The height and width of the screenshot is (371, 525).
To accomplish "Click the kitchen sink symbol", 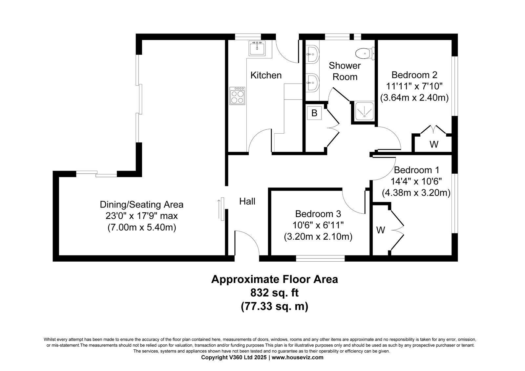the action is pyautogui.click(x=257, y=48).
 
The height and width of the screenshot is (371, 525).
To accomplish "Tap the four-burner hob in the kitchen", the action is pyautogui.click(x=238, y=96).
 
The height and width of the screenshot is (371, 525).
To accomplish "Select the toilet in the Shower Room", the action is pyautogui.click(x=365, y=54).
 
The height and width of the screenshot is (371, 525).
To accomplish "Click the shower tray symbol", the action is pyautogui.click(x=365, y=111).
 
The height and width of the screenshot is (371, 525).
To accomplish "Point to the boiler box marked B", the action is pyautogui.click(x=314, y=113).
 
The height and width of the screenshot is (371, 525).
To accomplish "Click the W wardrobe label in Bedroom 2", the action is pyautogui.click(x=434, y=144).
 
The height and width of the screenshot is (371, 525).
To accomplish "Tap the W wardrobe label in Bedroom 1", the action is pyautogui.click(x=381, y=230).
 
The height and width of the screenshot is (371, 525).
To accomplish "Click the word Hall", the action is pyautogui.click(x=247, y=201).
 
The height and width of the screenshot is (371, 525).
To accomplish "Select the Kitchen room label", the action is pyautogui.click(x=266, y=75).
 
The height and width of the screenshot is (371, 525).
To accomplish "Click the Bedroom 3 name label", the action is pyautogui.click(x=318, y=214).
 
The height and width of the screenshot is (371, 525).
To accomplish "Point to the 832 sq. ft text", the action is pyautogui.click(x=274, y=293).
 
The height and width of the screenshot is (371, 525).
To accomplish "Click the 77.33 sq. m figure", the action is pyautogui.click(x=274, y=306).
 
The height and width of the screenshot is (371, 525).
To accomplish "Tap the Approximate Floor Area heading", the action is pyautogui.click(x=274, y=279).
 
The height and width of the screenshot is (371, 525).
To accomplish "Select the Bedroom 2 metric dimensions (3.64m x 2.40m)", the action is pyautogui.click(x=414, y=98).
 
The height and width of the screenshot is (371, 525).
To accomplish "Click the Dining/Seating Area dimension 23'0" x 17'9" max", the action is pyautogui.click(x=141, y=216).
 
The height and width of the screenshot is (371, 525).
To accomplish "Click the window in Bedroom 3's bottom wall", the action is pyautogui.click(x=320, y=258).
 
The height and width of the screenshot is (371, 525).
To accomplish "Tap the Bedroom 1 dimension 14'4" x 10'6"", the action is pyautogui.click(x=416, y=181).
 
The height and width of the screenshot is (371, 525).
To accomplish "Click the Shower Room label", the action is pyautogui.click(x=345, y=71).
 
